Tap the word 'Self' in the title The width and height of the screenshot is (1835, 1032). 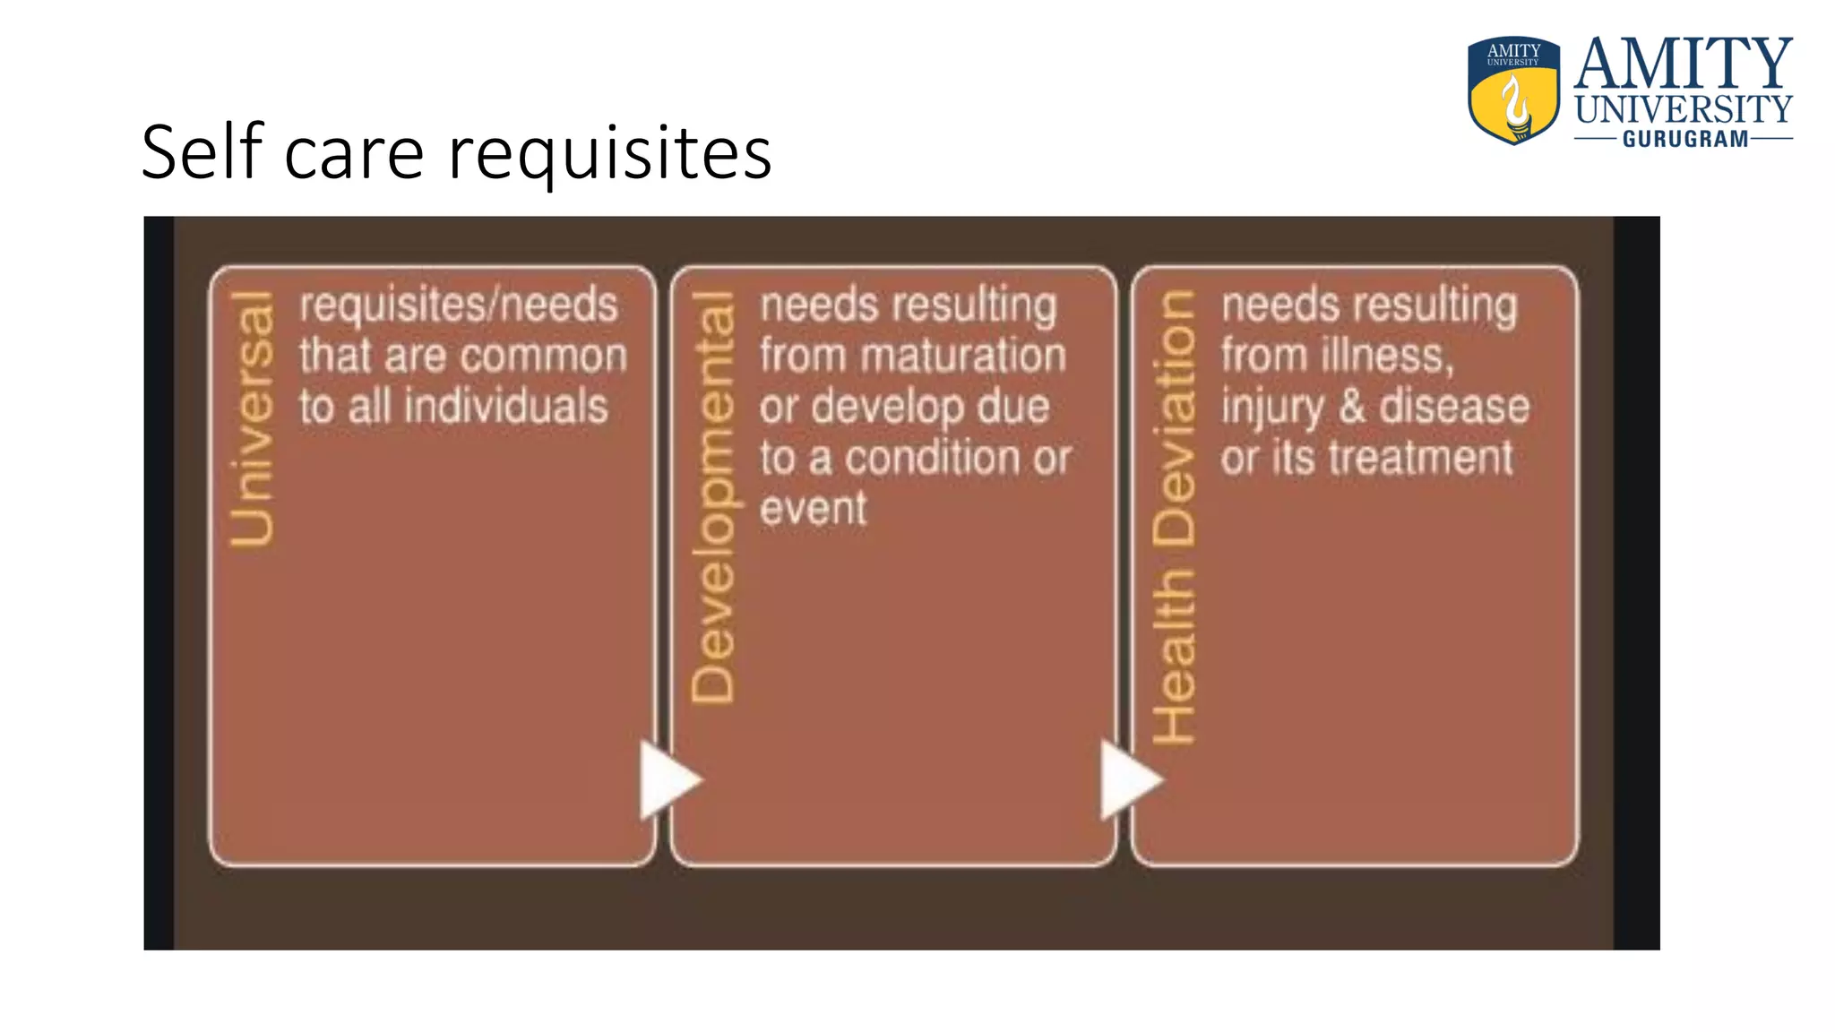click(x=202, y=152)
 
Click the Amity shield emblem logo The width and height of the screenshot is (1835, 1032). click(x=1513, y=90)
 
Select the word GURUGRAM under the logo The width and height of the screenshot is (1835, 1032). click(x=1684, y=139)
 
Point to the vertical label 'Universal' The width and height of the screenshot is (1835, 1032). click(x=252, y=418)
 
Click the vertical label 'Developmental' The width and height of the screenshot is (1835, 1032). click(x=713, y=497)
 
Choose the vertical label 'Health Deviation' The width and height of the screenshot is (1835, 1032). click(x=1174, y=517)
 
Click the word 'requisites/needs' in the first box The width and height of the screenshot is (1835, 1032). click(x=459, y=305)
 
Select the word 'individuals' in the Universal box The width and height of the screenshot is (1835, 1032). click(x=506, y=407)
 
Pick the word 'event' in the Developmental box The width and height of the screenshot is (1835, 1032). click(x=813, y=509)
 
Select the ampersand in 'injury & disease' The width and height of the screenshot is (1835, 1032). click(x=1352, y=407)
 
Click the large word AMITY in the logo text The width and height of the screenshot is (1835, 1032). click(x=1683, y=64)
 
